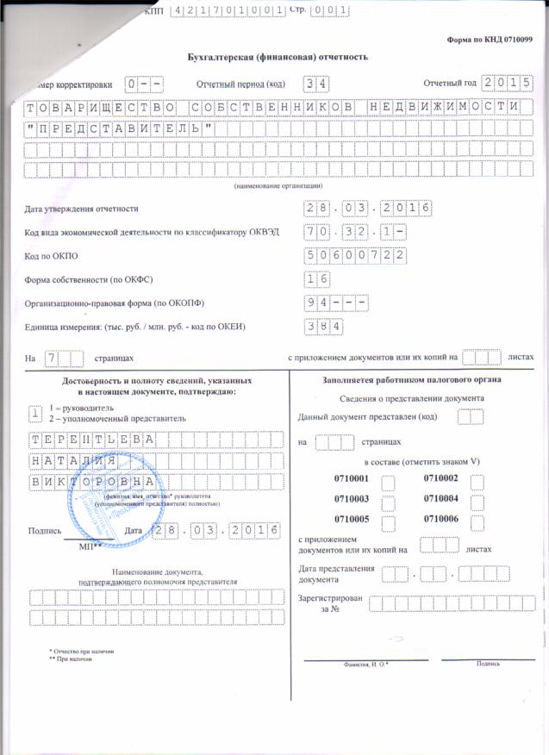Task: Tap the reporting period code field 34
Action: [317, 84]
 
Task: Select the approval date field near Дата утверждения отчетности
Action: [368, 209]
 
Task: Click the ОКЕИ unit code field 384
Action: [325, 327]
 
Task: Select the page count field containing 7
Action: [60, 357]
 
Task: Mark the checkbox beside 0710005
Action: [389, 522]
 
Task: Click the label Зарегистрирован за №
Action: [328, 602]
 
